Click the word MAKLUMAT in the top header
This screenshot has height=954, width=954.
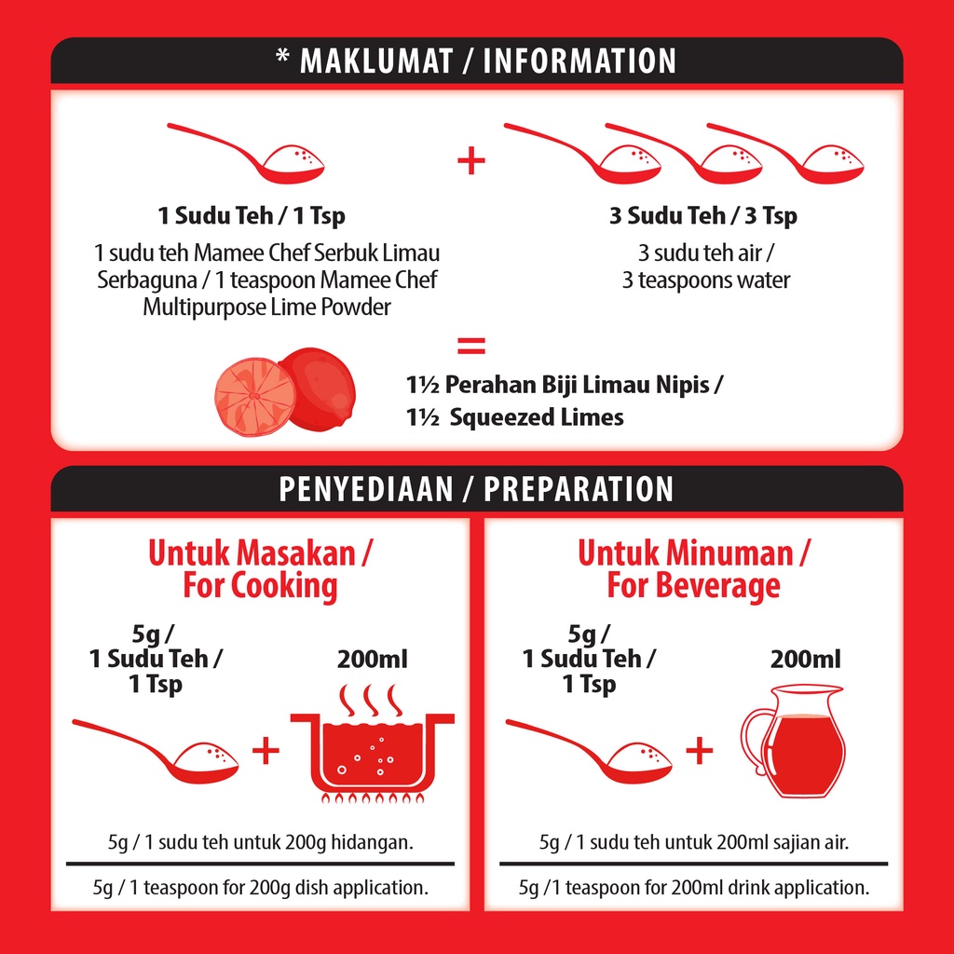pyautogui.click(x=376, y=61)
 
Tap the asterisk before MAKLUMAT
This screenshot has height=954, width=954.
pyautogui.click(x=282, y=57)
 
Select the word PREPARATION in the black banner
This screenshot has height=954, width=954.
pyautogui.click(x=579, y=489)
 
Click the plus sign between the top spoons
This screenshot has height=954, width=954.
pyautogui.click(x=471, y=161)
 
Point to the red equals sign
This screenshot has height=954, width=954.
pyautogui.click(x=471, y=346)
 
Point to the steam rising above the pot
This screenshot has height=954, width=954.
pyautogui.click(x=371, y=700)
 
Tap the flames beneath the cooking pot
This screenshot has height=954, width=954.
pyautogui.click(x=373, y=797)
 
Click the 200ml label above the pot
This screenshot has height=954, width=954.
pyautogui.click(x=373, y=660)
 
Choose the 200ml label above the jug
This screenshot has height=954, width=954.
pyautogui.click(x=806, y=660)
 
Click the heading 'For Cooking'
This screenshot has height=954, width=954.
pyautogui.click(x=260, y=586)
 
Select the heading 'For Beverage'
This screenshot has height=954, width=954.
pyautogui.click(x=693, y=586)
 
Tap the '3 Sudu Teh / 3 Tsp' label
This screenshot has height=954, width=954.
pyautogui.click(x=703, y=215)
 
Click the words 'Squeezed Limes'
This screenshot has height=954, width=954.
pyautogui.click(x=537, y=417)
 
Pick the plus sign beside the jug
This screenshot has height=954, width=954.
pyautogui.click(x=700, y=751)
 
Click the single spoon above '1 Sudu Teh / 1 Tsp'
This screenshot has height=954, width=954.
pyautogui.click(x=246, y=154)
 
